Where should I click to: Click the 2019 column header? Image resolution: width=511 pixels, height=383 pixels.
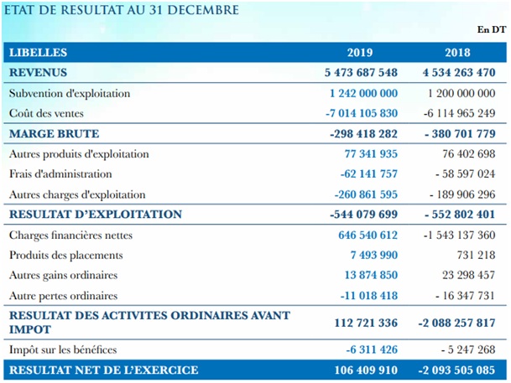pos(360,53)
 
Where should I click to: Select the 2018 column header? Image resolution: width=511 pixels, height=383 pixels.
pos(457,53)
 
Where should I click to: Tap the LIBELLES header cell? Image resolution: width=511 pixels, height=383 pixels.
pos(38,53)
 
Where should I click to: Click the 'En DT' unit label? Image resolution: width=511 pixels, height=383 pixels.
pos(492,29)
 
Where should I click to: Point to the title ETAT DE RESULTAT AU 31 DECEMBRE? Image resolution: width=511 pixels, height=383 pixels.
pos(122,10)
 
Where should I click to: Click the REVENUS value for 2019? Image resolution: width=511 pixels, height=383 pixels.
pos(361,72)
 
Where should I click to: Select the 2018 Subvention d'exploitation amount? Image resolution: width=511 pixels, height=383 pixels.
pos(461,93)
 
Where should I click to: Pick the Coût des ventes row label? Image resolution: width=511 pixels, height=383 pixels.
pos(46,113)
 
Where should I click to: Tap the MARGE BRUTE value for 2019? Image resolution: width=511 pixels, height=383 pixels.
pos(363,134)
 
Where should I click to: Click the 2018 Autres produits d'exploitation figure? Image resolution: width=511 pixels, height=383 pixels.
pos(469,154)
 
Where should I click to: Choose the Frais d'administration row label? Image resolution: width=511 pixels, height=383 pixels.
pos(60,174)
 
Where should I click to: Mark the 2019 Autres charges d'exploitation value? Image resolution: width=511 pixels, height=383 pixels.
pos(366,194)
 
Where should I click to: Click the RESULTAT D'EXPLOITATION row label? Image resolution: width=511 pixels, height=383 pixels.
pos(96,214)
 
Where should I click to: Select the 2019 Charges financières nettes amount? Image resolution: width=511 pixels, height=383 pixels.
pos(368,235)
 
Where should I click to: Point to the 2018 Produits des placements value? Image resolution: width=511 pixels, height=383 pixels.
pos(476,255)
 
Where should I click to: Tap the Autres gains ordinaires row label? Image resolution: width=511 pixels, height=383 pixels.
pos(63,275)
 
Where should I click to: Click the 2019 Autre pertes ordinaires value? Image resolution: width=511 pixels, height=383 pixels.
pos(369,296)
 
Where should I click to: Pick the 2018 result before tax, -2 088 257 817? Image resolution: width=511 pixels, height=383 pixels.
pos(457,323)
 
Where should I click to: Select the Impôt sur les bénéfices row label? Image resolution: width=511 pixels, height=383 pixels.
pos(63,349)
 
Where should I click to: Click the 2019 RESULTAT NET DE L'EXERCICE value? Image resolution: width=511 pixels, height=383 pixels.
pos(366,370)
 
